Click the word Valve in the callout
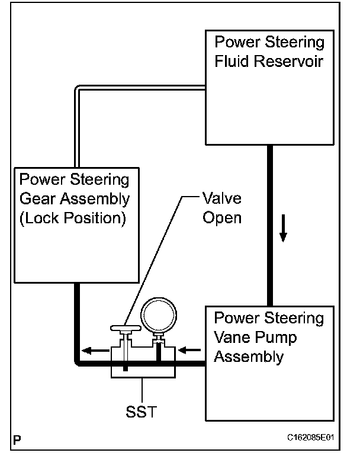coord(221,198)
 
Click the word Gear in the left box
coord(38,198)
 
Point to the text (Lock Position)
coord(73,218)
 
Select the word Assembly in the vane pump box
coord(248,357)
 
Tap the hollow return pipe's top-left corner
coord(78,89)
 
